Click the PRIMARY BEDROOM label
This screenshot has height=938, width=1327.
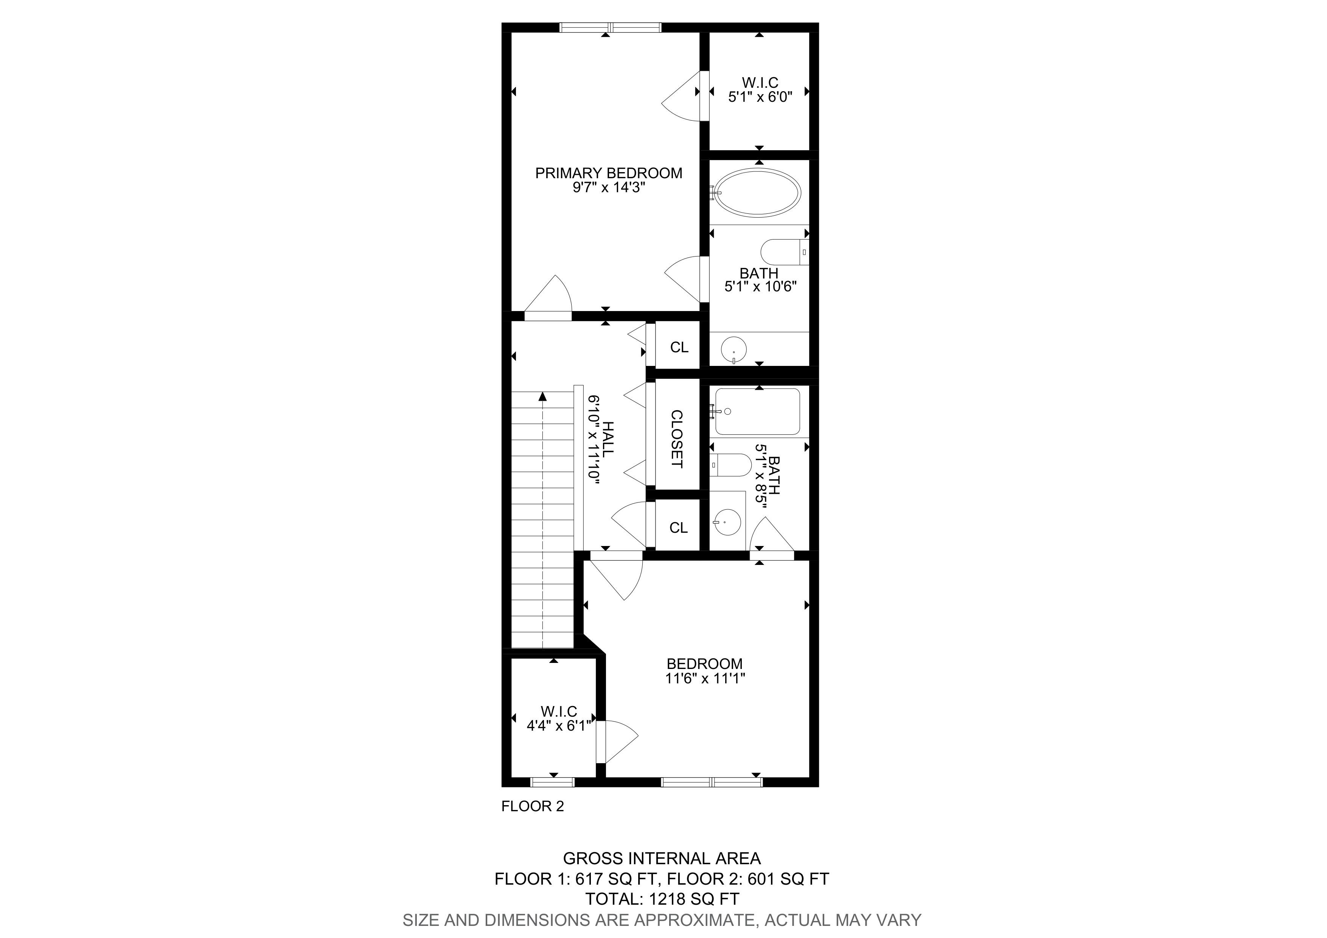[x=609, y=173]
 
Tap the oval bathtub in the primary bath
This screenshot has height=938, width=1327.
[x=758, y=193]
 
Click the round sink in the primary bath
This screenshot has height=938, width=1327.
[x=733, y=350]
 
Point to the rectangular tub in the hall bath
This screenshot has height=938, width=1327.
[x=758, y=412]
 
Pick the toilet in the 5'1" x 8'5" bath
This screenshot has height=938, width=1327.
[x=731, y=464]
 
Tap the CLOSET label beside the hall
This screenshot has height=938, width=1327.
[x=677, y=439]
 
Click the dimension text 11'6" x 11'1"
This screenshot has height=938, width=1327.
[x=705, y=678]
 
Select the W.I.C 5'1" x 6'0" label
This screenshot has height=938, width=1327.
[x=760, y=90]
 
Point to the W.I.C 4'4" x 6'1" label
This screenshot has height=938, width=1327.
[x=559, y=719]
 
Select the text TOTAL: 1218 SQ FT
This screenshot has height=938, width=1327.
[x=662, y=899]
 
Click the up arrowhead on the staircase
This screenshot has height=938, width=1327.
[x=543, y=397]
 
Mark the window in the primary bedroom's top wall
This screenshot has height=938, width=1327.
[x=610, y=27]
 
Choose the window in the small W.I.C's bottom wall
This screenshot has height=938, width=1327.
[x=553, y=782]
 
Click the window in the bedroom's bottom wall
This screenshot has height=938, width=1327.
[x=712, y=782]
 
